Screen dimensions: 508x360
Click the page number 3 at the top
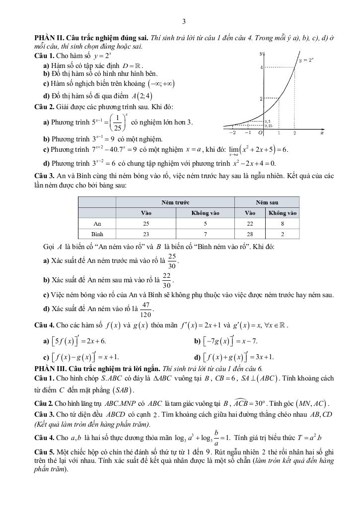pos(184,21)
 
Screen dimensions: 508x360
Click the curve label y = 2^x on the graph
pos(306,60)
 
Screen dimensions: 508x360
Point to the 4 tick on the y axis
pos(261,67)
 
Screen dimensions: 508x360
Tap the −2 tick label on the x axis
pos(232,132)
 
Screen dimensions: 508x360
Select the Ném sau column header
pos(267,202)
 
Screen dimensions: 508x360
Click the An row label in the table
pos(97,224)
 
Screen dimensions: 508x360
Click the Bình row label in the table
pos(97,234)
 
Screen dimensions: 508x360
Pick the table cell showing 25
pos(146,224)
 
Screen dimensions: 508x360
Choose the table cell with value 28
pos(250,234)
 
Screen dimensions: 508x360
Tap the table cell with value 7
pos(205,234)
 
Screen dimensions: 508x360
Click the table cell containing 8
pos(283,224)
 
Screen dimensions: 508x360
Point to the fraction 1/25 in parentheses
pos(118,123)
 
